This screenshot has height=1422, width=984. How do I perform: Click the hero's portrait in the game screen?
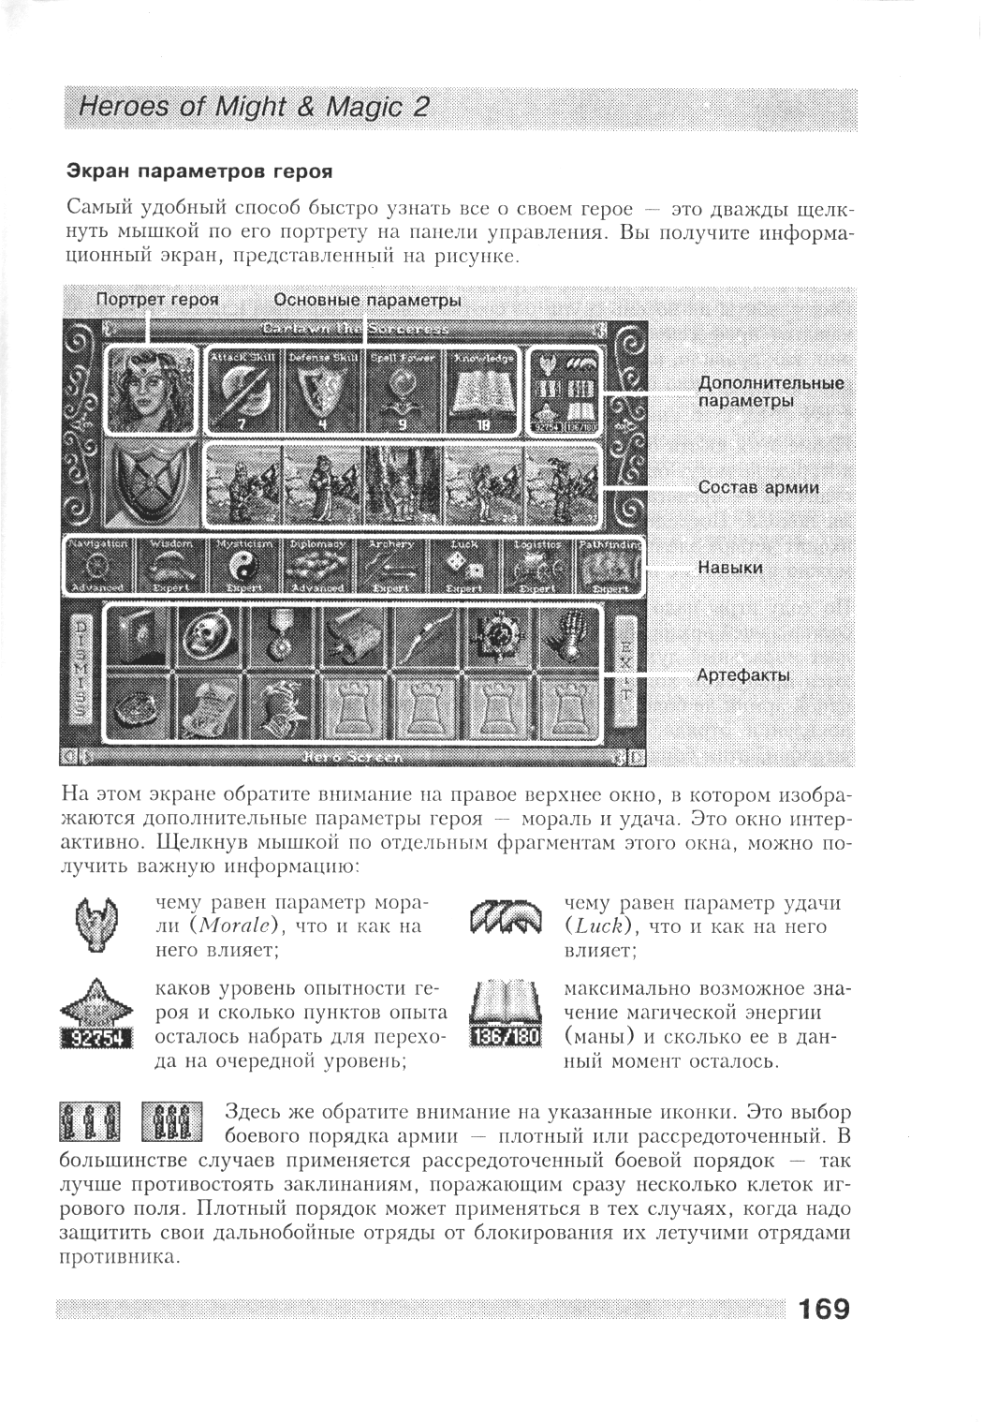point(150,390)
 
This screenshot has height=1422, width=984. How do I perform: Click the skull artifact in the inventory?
point(210,637)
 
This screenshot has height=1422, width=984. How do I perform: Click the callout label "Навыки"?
point(729,568)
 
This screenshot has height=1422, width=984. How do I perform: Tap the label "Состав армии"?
point(757,487)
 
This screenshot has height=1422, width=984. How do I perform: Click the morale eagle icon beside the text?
point(96,922)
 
